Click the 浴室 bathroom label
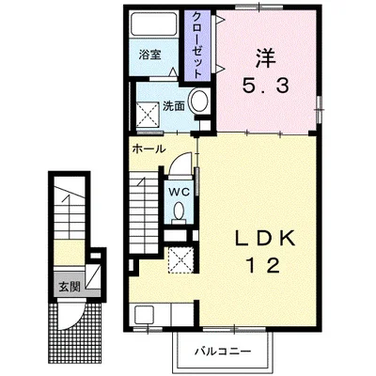(150, 55)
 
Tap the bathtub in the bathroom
(153, 24)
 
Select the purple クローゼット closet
(196, 45)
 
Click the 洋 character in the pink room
(265, 58)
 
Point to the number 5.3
(265, 86)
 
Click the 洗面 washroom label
(174, 106)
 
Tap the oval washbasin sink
(199, 101)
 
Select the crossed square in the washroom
(148, 115)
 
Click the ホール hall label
(149, 149)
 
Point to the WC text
(180, 192)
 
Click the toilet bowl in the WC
(180, 211)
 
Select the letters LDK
(265, 240)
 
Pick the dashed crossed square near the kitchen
(181, 259)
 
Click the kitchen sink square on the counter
(145, 315)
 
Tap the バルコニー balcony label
(224, 352)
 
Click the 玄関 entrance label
(70, 287)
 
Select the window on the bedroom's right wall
(320, 109)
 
